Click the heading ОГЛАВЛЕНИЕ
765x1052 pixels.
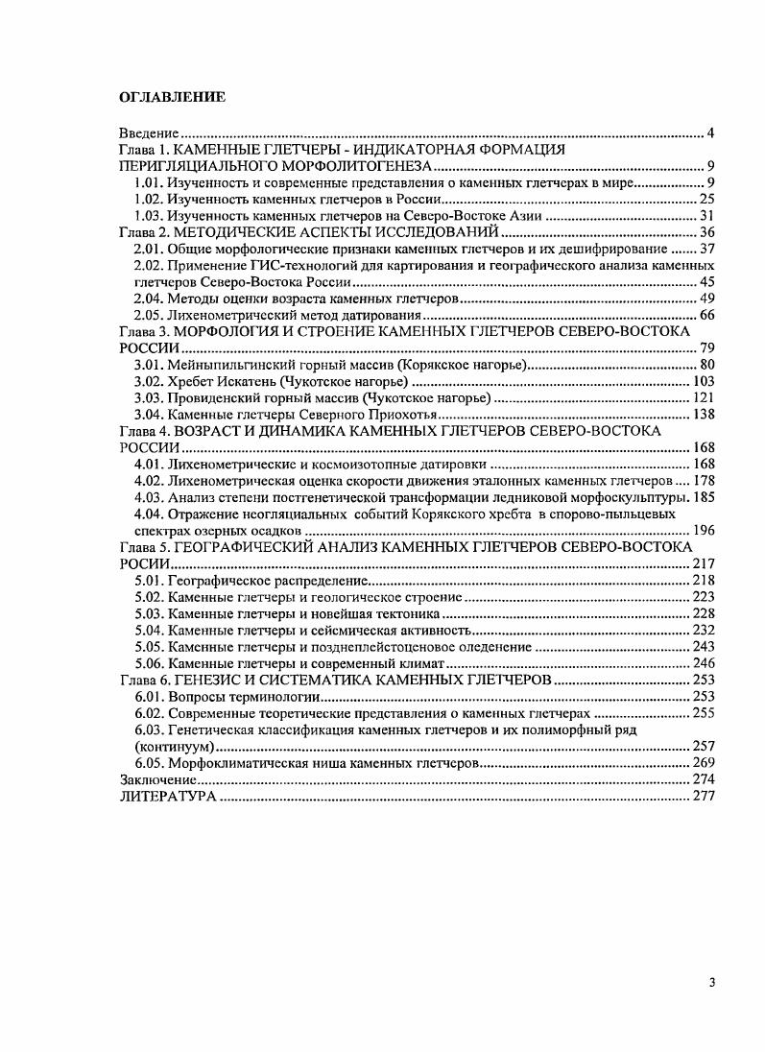click(x=172, y=97)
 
